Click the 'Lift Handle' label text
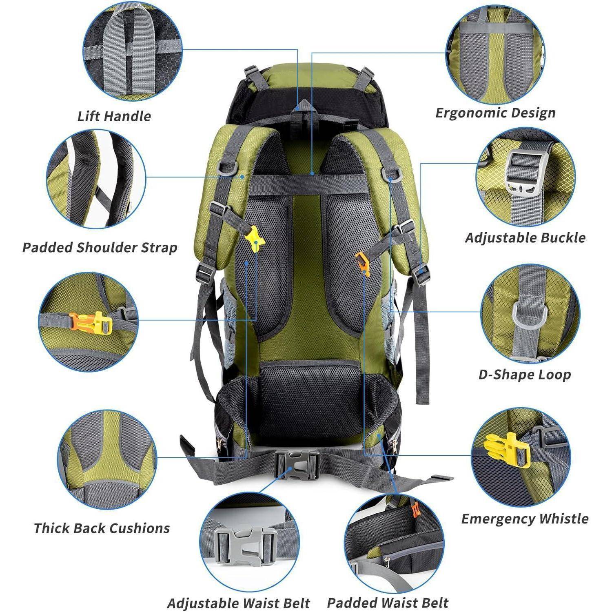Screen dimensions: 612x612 [114, 116]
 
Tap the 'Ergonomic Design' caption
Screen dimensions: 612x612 [495, 113]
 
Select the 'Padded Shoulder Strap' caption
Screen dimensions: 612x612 [100, 248]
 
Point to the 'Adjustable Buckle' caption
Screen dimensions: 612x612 [525, 238]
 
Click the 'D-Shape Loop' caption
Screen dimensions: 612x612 [524, 375]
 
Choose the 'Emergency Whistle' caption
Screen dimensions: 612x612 [525, 519]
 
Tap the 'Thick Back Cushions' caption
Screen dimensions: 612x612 [102, 528]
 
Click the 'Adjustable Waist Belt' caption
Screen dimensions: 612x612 [238, 603]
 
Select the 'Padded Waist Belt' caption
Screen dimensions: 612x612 [388, 603]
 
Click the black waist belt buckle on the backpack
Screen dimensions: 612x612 [297, 466]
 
